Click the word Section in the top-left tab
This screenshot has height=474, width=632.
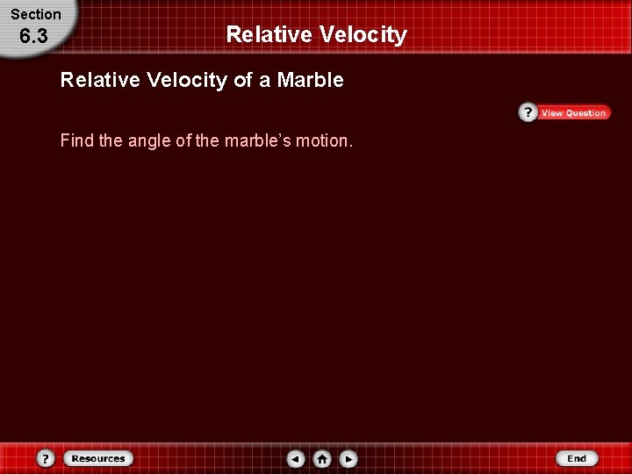click(36, 14)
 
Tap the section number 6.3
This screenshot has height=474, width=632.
click(33, 37)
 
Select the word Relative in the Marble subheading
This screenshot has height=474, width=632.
click(100, 81)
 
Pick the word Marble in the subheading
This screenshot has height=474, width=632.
click(310, 81)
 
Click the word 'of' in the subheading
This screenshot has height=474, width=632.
click(244, 81)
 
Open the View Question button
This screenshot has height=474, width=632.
click(573, 113)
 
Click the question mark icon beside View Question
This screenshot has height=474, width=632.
click(528, 112)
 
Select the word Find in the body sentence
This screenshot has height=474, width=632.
click(77, 140)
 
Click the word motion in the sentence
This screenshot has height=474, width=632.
click(324, 140)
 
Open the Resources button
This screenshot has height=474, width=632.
click(97, 458)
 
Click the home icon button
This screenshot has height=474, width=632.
click(322, 458)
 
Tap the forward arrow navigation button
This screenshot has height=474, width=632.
click(348, 458)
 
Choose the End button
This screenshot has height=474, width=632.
click(577, 458)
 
